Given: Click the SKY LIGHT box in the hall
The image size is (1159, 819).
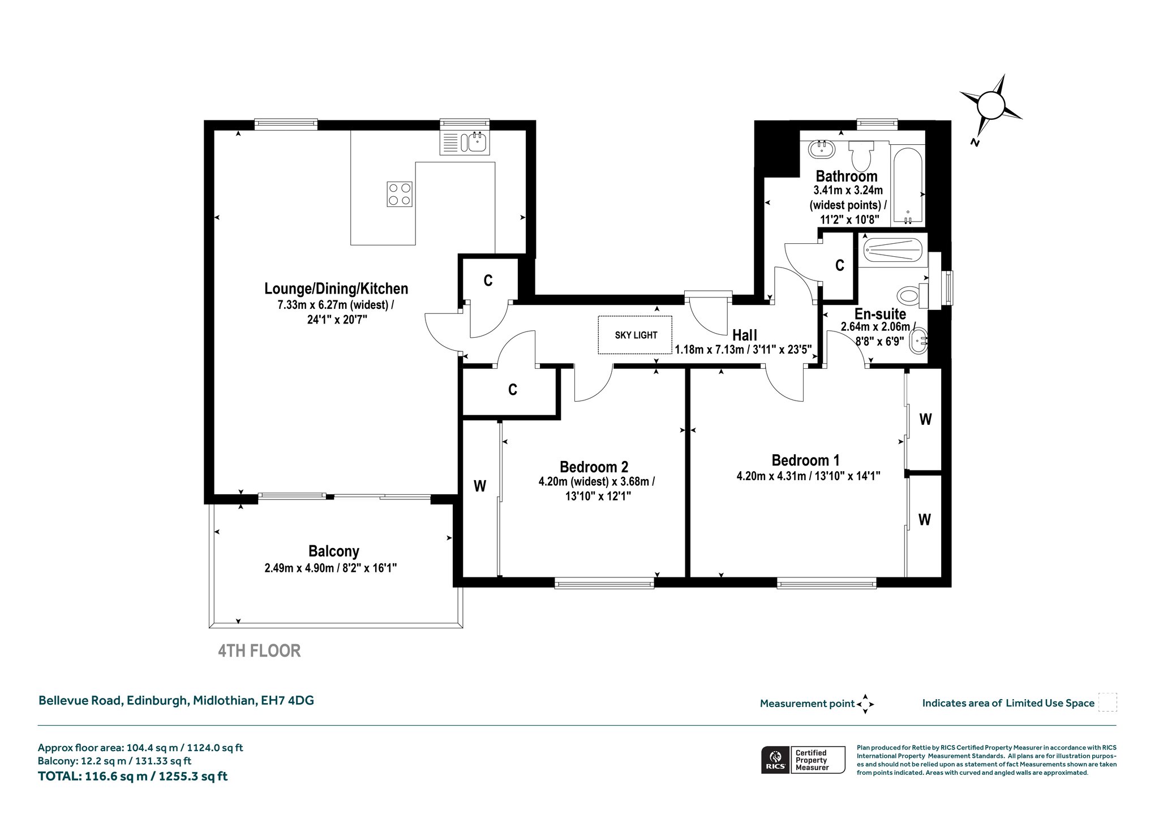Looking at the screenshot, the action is click(636, 335).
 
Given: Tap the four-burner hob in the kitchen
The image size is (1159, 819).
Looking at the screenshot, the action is click(400, 194).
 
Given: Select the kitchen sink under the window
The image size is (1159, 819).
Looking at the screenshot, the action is click(465, 143).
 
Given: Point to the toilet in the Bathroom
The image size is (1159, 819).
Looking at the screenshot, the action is click(861, 156).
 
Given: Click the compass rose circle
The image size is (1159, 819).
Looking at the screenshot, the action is click(990, 105).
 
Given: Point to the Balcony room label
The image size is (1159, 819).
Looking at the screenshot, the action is click(333, 551).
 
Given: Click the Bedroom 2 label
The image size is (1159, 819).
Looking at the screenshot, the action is click(594, 467).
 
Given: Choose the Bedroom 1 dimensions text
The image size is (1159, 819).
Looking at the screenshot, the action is click(808, 476).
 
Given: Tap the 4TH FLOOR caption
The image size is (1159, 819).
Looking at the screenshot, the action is click(259, 651).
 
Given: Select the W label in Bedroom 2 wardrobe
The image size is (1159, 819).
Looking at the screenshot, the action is click(480, 486).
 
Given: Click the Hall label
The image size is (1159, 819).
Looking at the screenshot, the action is click(745, 335).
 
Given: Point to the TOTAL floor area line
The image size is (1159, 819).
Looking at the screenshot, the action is click(132, 776).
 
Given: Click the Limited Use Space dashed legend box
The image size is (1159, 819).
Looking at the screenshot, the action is click(1108, 702).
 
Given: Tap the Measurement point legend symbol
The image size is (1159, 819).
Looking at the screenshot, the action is click(865, 704).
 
